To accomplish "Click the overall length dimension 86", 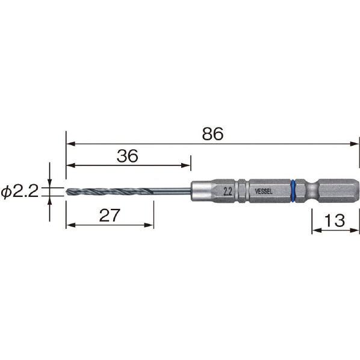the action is coord(213,134).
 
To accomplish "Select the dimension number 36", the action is coord(128,156).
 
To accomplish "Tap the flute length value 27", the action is coord(110,215).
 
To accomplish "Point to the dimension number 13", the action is coord(334,220).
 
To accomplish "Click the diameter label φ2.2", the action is coord(19,191).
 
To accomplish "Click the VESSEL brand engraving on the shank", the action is coord(264,191).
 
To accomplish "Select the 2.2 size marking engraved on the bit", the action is coord(228,192).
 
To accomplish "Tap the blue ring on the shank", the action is coord(293,191).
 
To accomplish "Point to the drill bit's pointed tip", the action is coord(66,191).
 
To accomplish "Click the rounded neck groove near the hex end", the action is coord(312,191).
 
